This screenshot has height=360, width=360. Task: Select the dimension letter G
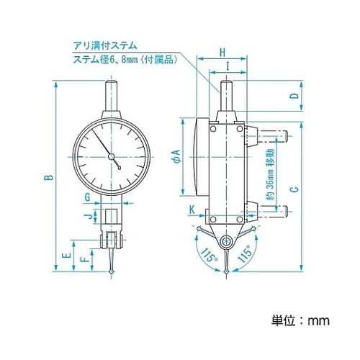tap(87, 197)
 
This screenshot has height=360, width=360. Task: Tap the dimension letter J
tap(86, 215)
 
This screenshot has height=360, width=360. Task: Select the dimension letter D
tap(294, 96)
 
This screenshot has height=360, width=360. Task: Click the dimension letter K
tap(192, 210)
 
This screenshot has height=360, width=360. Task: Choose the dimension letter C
tap(294, 190)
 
